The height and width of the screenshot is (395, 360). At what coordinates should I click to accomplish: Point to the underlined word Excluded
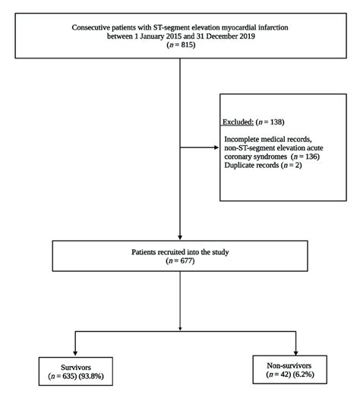[238, 122]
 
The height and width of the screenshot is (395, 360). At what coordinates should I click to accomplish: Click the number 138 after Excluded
[279, 122]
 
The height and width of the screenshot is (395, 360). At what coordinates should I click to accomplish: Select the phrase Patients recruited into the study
[180, 251]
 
